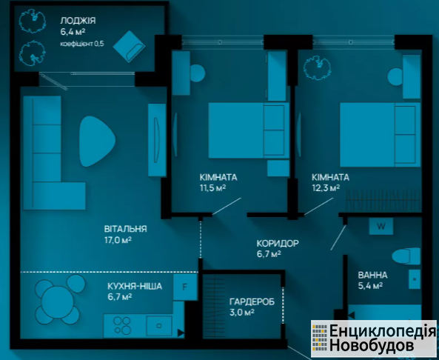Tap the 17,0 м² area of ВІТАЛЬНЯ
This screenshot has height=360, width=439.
(x=118, y=240)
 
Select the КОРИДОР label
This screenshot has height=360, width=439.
(x=278, y=243)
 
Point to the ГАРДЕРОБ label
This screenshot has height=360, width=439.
(x=252, y=301)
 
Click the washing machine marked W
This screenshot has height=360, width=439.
(x=381, y=227)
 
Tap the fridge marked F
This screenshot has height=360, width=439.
(x=185, y=287)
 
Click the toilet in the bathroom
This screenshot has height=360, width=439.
(x=406, y=256)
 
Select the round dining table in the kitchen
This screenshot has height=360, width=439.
(x=58, y=302)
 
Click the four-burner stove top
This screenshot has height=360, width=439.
(x=122, y=325)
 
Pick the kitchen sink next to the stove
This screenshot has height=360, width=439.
(x=159, y=325)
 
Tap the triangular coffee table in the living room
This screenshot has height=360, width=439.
(x=96, y=141)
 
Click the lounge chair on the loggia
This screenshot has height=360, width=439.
(x=129, y=47)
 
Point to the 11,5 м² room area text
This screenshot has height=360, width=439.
(x=212, y=187)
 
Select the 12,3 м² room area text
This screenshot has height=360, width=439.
(x=326, y=187)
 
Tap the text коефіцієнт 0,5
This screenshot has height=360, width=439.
(x=82, y=44)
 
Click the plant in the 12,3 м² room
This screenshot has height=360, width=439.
(x=317, y=67)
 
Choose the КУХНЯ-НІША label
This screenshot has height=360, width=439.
(x=135, y=287)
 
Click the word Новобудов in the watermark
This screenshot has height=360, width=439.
(x=371, y=345)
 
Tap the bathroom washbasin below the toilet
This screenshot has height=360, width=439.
(x=415, y=279)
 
